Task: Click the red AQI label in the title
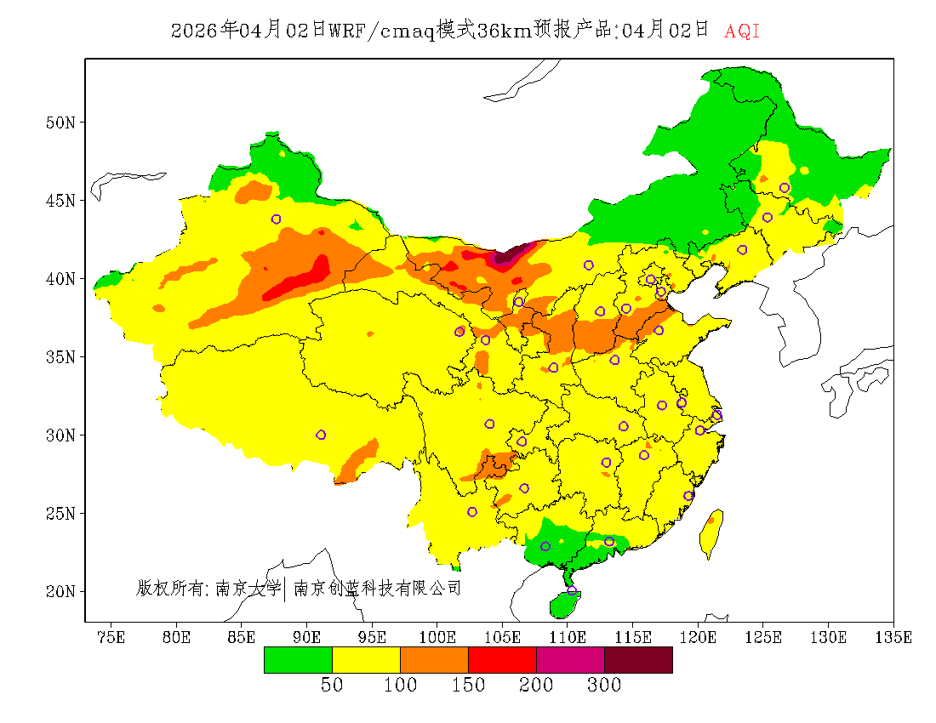pos(741,31)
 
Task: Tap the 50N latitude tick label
pos(60,122)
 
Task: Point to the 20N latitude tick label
pos(60,591)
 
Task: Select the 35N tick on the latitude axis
pos(60,356)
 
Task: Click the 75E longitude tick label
pos(111,636)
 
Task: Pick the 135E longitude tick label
pos(893,636)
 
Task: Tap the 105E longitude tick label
pos(502,636)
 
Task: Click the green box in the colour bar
pos(298,660)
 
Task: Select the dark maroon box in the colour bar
pos(638,660)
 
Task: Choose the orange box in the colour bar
pos(434,660)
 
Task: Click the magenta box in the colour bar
pos(570,660)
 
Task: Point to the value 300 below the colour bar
pos(604,686)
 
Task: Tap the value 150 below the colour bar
pos(468,686)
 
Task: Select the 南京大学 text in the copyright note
pos(248,588)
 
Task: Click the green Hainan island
pos(563,604)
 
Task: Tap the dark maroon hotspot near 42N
pos(513,253)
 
